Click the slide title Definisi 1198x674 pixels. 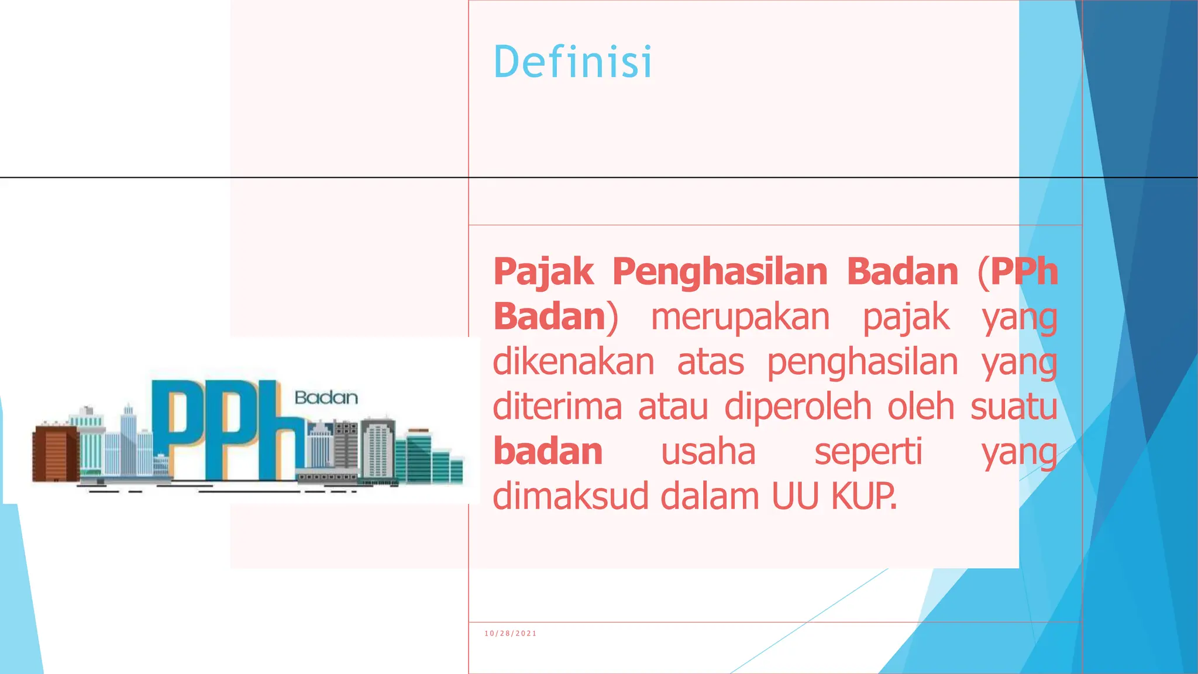click(572, 62)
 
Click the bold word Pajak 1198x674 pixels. click(543, 273)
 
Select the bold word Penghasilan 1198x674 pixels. click(720, 273)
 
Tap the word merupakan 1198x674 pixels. click(740, 318)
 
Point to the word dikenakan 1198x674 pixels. click(573, 363)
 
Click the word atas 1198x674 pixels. click(710, 363)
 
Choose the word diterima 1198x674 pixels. click(556, 407)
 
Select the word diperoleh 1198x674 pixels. click(798, 407)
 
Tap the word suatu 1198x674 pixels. click(1014, 407)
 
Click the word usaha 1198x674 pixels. click(708, 453)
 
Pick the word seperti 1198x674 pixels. click(868, 453)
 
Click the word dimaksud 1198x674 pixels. click(571, 497)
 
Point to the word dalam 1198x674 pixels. click(710, 497)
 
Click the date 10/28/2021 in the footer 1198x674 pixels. click(510, 634)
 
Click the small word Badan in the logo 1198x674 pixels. click(326, 398)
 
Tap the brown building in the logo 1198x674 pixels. click(55, 454)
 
